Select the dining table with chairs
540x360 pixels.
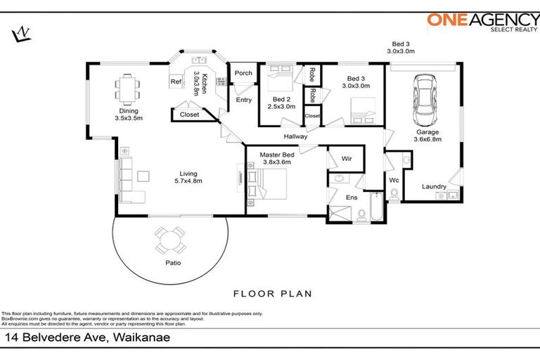click(x=128, y=87)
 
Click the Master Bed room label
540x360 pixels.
click(x=277, y=157)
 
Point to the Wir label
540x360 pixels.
click(x=347, y=160)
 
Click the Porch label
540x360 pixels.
click(x=243, y=73)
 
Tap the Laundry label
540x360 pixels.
click(x=434, y=186)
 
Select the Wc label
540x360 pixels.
click(x=394, y=180)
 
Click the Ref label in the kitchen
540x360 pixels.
click(x=176, y=82)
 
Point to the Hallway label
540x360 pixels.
click(x=296, y=136)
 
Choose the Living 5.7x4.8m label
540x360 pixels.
click(x=188, y=177)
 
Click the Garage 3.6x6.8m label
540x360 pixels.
click(x=427, y=136)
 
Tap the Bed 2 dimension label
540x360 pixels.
click(x=282, y=103)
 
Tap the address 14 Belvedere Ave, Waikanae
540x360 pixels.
click(x=88, y=337)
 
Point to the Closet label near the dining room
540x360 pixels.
click(x=189, y=114)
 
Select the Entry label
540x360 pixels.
click(x=244, y=100)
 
